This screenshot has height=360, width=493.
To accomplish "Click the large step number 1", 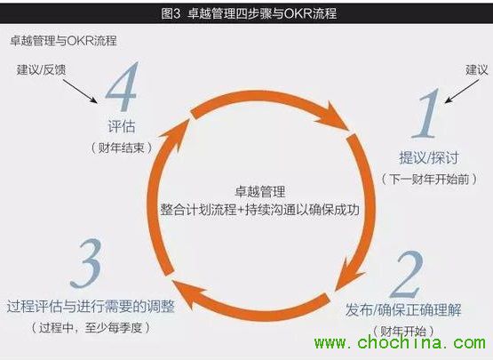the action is pos(426,113).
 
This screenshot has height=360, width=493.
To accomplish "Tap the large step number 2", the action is pos(406,275).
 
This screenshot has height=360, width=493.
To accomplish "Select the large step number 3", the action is pos(86,264).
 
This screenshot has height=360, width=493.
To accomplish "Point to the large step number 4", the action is pos(122,86).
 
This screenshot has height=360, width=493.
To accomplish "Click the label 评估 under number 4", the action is pos(122,126).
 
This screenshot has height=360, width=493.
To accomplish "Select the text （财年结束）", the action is pos(122,148).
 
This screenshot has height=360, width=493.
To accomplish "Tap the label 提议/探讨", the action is pos(429,157).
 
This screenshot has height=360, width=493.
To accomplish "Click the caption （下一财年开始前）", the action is pos(430,179).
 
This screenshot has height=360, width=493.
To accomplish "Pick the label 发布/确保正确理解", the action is pos(403,309).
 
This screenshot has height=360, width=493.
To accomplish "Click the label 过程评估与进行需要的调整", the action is pos(91,306).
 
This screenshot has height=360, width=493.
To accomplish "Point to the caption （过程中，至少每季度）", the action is pos(91,328).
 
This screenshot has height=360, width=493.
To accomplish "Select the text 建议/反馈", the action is pos(41,69).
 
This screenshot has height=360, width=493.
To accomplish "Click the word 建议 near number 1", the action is pos(477,69).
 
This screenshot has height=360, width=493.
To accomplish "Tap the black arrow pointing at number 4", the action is pos(80,91).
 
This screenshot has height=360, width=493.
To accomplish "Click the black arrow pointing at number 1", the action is pos(462,91).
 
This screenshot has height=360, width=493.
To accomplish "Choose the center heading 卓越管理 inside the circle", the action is pos(259,191).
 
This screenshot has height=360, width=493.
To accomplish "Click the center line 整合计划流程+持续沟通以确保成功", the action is pos(259,210).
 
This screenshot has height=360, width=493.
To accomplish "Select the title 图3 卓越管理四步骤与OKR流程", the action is pos(249,13).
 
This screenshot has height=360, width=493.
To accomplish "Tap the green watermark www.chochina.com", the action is pos(400,342).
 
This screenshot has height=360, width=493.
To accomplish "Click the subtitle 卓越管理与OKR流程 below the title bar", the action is pos(63,41).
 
